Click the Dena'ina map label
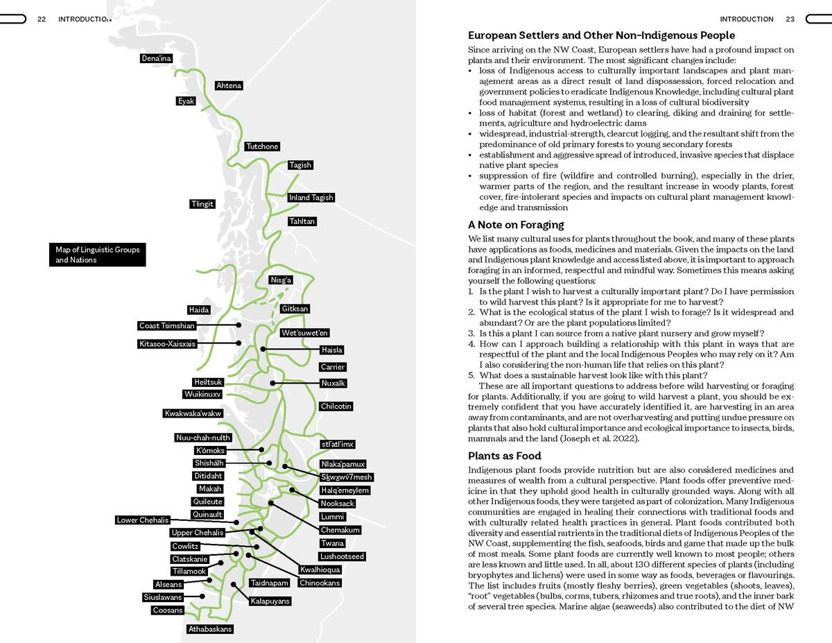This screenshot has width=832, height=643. (x=156, y=58)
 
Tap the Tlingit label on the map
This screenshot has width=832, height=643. (x=202, y=204)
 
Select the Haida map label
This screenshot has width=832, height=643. (x=198, y=310)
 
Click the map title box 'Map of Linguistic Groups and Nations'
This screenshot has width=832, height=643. (x=98, y=255)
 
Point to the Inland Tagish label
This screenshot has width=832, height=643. (x=311, y=198)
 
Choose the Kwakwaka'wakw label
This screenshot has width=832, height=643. (x=193, y=413)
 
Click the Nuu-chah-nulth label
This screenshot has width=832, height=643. (x=202, y=438)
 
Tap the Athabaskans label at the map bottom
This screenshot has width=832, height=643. (x=210, y=629)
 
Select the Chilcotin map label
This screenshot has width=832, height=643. (x=336, y=406)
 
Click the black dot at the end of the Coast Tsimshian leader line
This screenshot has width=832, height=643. (x=239, y=325)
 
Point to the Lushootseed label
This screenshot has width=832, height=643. (x=342, y=556)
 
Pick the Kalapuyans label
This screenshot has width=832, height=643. (x=270, y=601)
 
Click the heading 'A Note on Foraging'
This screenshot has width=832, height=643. (x=516, y=225)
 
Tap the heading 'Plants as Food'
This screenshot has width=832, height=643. (x=504, y=456)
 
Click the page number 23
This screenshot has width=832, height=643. (x=790, y=19)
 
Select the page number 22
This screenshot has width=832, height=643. (x=42, y=19)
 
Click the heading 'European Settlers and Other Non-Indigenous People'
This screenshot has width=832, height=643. (x=601, y=35)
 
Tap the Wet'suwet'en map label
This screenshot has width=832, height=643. (x=305, y=333)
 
